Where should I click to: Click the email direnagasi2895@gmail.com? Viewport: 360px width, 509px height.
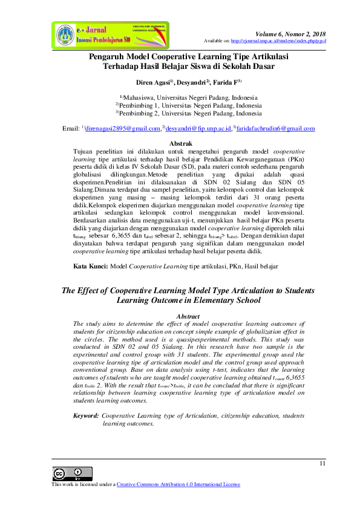click(123, 129)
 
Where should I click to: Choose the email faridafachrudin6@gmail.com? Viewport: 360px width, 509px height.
click(275, 129)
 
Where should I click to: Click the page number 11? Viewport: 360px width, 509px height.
click(322, 464)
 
